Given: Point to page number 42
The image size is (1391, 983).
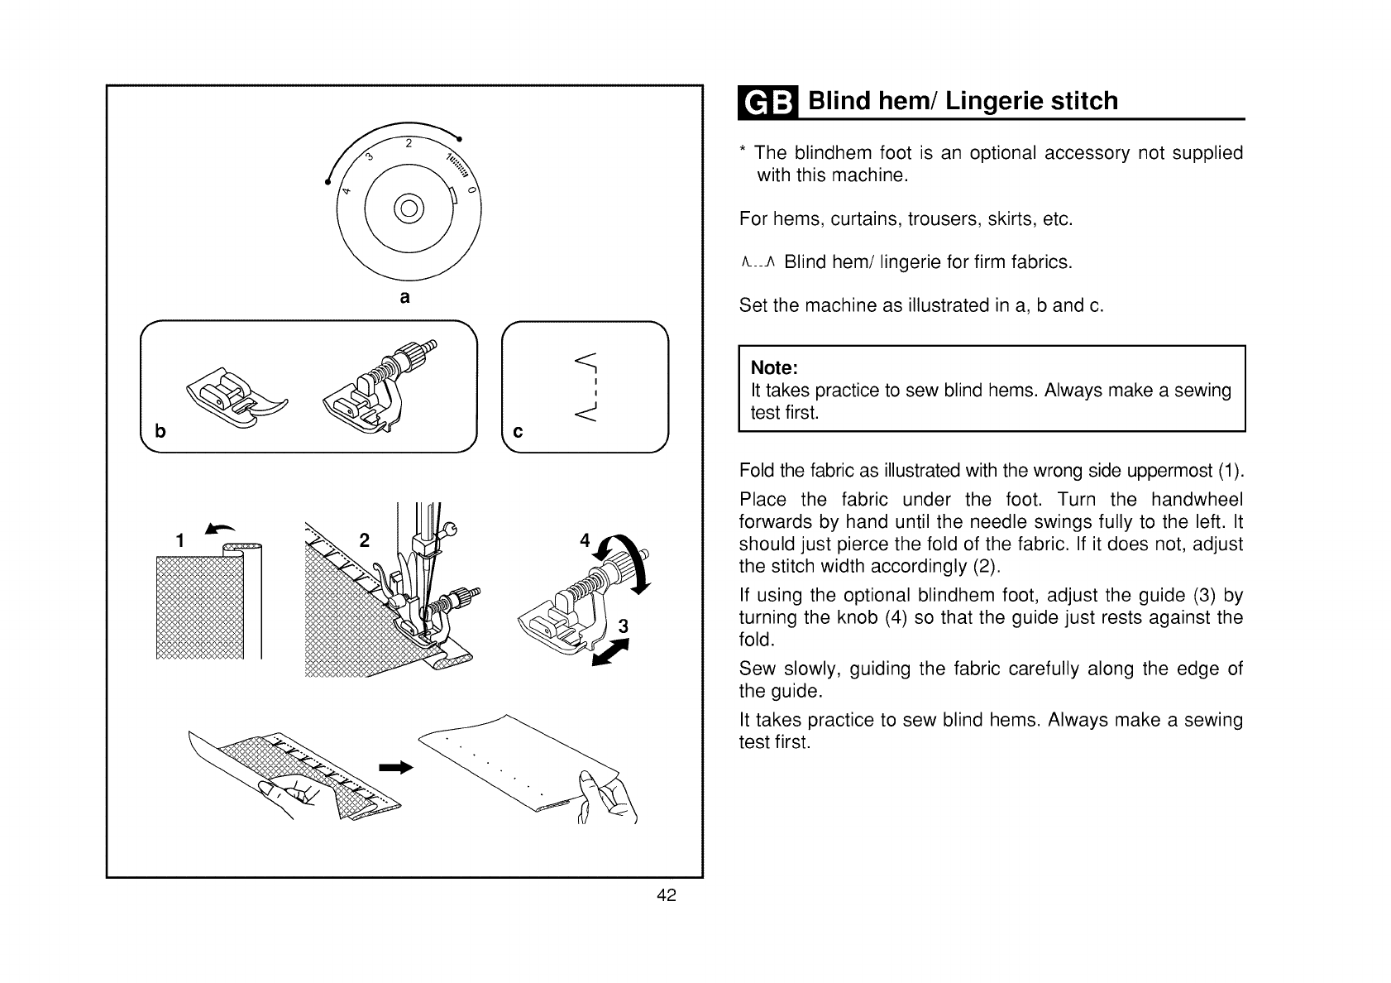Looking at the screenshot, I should tap(667, 895).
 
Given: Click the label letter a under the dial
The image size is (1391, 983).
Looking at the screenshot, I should tap(404, 296).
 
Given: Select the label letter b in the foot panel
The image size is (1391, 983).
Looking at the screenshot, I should tap(160, 431).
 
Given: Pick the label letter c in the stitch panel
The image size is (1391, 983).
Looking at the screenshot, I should tap(519, 431).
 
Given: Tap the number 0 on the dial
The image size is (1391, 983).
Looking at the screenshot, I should tap(472, 190).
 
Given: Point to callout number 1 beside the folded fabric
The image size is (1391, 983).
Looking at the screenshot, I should tap(180, 541).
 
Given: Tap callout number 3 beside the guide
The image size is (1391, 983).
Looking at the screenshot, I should tap(624, 627).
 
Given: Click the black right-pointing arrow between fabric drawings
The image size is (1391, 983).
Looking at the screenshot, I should tap(395, 768).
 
